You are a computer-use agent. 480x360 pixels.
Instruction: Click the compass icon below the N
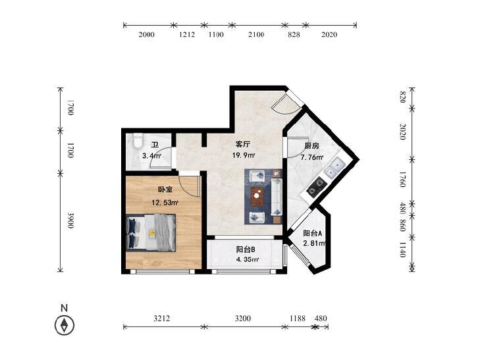(65, 325)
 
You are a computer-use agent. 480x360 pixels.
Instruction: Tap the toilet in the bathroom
(138, 141)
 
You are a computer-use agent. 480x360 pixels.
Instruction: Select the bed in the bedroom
(151, 233)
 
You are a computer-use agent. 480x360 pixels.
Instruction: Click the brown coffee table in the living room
(257, 197)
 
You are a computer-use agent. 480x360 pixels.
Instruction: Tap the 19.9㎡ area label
(244, 155)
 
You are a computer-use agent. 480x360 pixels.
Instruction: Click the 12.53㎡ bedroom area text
(165, 203)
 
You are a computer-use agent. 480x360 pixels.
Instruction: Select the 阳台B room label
(246, 249)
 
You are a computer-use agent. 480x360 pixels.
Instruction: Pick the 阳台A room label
(312, 234)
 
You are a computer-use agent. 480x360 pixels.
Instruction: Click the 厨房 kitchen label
(311, 146)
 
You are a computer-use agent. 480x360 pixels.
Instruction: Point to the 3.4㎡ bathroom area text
(152, 156)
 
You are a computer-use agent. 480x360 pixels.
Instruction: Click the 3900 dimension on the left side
(70, 220)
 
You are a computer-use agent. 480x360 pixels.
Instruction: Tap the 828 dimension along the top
(294, 35)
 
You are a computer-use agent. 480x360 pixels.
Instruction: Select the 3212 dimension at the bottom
(161, 319)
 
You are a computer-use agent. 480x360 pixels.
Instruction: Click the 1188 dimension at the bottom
(298, 319)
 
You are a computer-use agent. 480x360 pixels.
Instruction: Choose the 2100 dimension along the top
(256, 35)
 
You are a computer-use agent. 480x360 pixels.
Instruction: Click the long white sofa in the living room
(277, 197)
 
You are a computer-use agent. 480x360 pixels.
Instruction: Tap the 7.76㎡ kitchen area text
(312, 158)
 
